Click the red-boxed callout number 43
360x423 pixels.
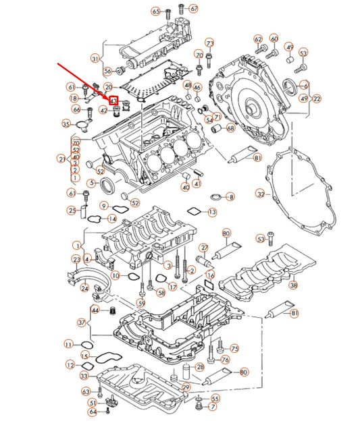click(113, 101)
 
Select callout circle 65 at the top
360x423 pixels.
click(156, 11)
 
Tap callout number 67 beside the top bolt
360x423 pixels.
click(195, 9)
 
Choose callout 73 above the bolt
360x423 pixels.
click(210, 43)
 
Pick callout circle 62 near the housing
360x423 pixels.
click(258, 40)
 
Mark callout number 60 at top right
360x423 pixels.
click(274, 39)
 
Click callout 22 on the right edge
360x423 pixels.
click(317, 98)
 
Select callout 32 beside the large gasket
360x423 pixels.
click(261, 194)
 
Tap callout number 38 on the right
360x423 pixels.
click(293, 285)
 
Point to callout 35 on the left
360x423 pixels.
click(66, 123)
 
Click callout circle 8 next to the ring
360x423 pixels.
click(230, 197)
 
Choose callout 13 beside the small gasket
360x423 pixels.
click(212, 213)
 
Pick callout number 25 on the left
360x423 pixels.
click(71, 210)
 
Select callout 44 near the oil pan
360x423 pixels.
click(95, 310)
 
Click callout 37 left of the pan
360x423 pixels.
click(82, 322)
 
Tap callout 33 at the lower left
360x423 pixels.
click(84, 376)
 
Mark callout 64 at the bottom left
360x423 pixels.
click(92, 411)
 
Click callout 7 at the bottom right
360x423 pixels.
click(213, 407)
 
